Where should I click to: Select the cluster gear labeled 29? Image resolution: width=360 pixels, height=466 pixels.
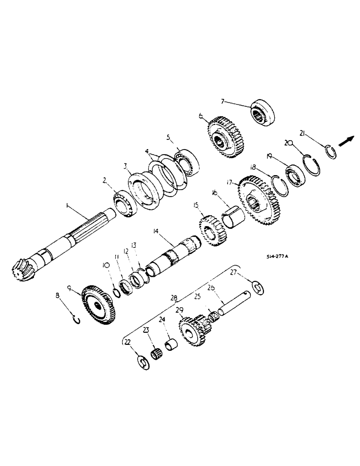(192, 330)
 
